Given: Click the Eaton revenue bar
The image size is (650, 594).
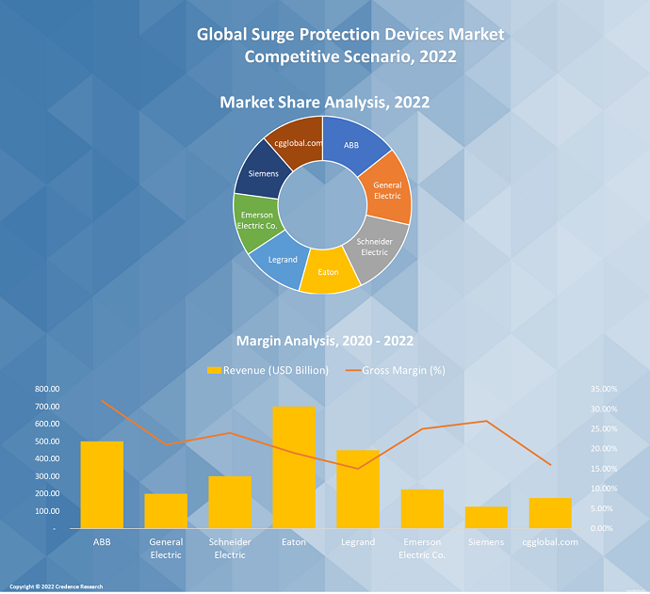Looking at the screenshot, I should point(294,467).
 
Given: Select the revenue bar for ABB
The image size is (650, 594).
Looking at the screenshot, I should point(102,485).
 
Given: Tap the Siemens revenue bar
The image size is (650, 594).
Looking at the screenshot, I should point(486,517).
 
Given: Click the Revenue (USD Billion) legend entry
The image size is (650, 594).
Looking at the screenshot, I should point(268,370).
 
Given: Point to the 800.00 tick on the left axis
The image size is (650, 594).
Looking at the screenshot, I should point(46,389).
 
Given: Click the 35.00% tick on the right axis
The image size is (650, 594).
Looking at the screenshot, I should point(604,389).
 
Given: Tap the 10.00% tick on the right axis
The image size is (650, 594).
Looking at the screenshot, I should point(604,489).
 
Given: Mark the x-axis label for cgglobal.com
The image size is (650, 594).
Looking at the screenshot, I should point(549,542).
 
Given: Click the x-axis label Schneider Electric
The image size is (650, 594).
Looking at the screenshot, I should point(230,548).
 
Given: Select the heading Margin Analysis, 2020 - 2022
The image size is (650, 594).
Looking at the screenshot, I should point(324,341).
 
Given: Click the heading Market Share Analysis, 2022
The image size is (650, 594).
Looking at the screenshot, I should point(324,103).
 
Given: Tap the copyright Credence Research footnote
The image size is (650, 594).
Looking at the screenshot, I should point(56,586).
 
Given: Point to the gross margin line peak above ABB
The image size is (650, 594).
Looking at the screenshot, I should point(103,402).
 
